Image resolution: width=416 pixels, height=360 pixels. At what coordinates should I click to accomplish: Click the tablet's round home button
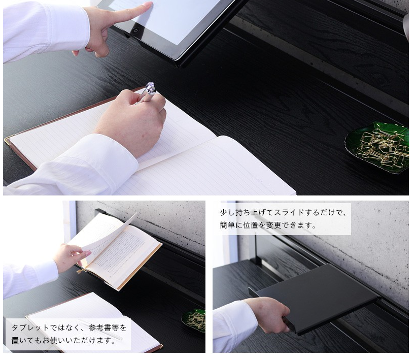tap(136, 30)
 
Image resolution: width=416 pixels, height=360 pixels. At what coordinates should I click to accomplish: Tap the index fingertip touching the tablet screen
tap(149, 5)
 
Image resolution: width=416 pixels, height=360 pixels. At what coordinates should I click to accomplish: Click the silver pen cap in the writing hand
tap(150, 88)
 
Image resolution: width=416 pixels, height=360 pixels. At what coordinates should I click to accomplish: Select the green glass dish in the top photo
tap(377, 147)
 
